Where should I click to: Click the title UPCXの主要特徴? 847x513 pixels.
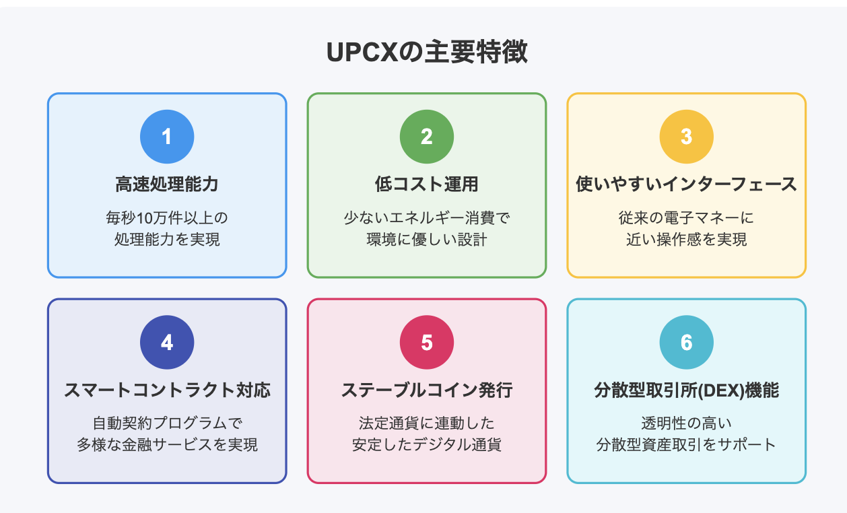coord(426,52)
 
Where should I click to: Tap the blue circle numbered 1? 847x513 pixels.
coord(167,137)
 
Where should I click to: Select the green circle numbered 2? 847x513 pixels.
coord(427,137)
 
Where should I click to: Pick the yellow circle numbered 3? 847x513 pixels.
coord(687,137)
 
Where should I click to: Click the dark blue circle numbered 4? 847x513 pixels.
coord(167,342)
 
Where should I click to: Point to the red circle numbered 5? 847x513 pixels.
coord(427,342)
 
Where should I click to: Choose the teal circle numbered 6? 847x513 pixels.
coord(687,342)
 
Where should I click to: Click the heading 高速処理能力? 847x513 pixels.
coord(167,184)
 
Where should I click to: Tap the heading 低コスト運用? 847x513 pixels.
coord(427,184)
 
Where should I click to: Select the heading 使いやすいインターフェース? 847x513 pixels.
coord(687,184)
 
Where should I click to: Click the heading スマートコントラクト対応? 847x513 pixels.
coord(167,390)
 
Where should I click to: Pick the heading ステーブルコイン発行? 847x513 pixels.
coord(427,390)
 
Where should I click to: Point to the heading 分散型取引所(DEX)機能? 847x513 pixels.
coord(687,390)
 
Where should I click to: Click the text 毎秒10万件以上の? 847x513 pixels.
coord(167,217)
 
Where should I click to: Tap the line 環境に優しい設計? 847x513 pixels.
coord(427,239)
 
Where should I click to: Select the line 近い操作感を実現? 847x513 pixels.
coord(687,239)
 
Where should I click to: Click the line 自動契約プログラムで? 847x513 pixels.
coord(167,423)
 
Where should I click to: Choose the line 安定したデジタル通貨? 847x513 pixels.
coord(427,444)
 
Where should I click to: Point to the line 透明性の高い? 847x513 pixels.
coord(687,423)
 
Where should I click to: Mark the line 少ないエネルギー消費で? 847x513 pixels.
coord(427,217)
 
